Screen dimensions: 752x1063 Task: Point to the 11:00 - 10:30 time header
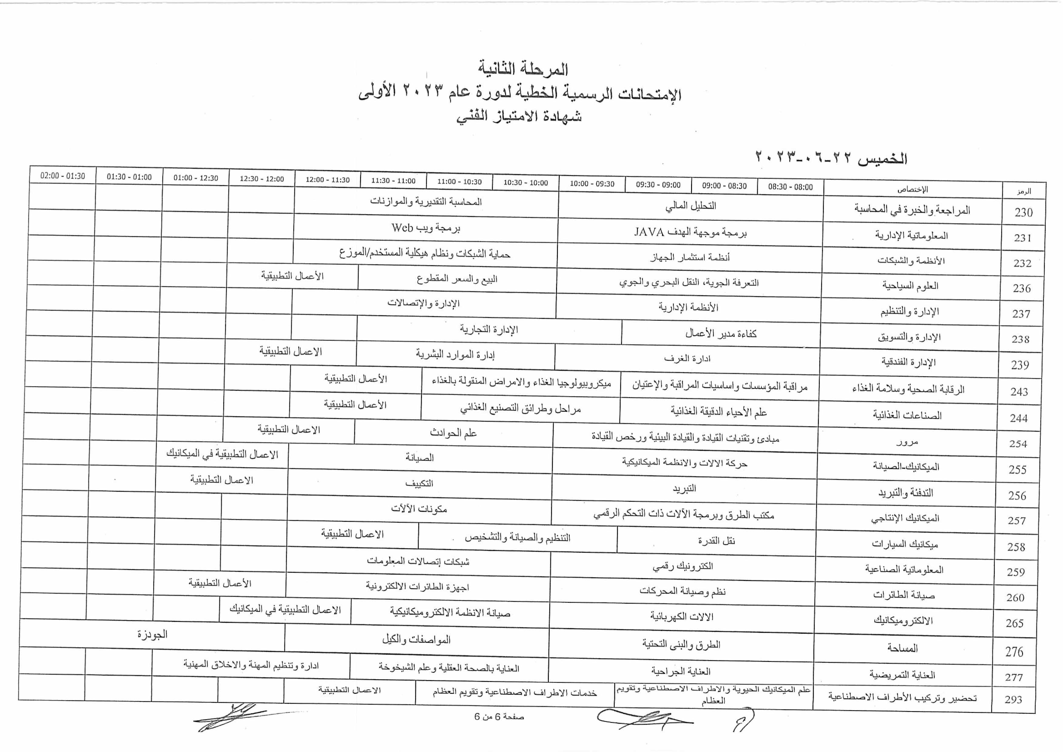click(459, 181)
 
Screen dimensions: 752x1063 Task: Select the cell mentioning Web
click(426, 228)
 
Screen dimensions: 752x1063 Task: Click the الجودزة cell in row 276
click(152, 634)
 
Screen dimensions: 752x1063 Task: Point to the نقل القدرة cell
click(716, 540)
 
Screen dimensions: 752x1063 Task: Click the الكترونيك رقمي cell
click(683, 566)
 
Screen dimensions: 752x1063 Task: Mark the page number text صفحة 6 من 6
click(499, 716)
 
